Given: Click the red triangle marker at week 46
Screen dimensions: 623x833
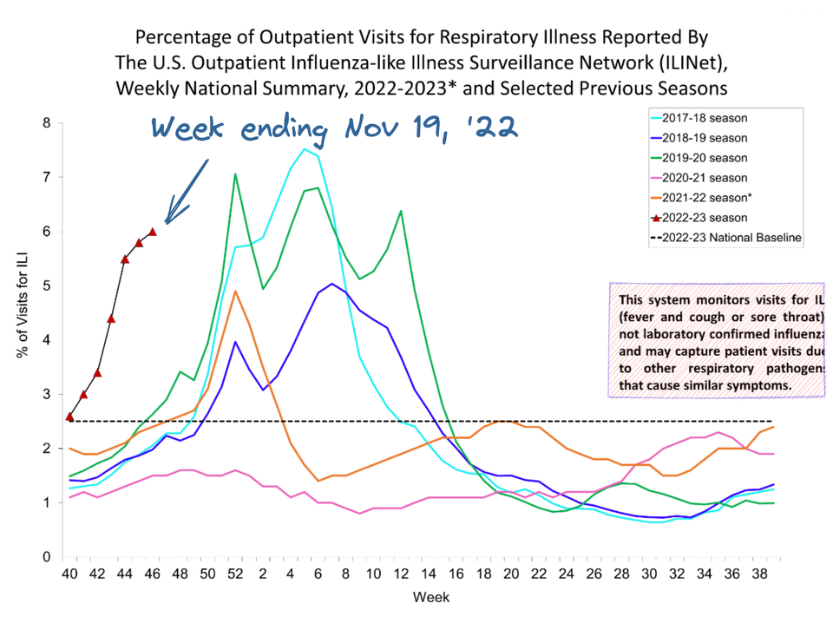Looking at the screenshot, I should tap(153, 232).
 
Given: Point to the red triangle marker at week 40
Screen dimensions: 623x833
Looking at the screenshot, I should tap(69, 416).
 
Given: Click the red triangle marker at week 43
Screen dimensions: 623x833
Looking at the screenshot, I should tap(111, 318).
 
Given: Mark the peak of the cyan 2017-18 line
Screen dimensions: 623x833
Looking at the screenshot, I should tap(305, 149).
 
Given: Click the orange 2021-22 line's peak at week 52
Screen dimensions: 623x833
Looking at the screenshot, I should tap(235, 292).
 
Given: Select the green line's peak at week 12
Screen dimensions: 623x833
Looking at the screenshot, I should tap(400, 211).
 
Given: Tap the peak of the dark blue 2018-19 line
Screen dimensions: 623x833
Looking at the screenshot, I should tap(331, 284).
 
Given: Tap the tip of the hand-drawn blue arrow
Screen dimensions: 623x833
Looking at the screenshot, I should tap(167, 222).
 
